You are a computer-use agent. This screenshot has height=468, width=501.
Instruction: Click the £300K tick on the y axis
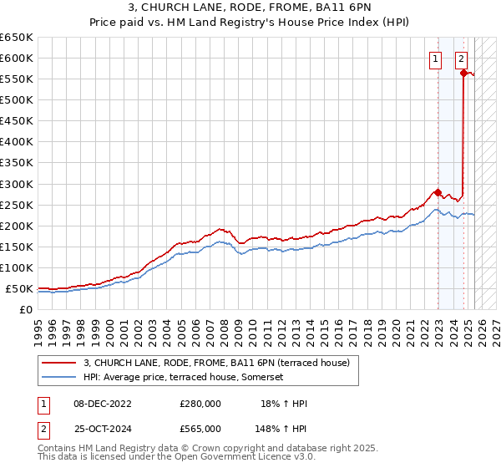tap(16, 184)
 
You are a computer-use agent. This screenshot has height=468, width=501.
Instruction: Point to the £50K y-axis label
tap(18, 289)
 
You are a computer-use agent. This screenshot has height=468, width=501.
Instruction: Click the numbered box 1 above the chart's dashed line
tap(436, 58)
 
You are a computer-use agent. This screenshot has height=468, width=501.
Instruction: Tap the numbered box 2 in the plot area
tap(461, 58)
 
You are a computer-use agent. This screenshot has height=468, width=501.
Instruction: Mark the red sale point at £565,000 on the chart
tap(463, 73)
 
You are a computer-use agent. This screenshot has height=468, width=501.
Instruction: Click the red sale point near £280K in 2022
tap(438, 192)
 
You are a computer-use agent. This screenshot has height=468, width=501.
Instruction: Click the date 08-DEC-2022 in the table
tap(102, 404)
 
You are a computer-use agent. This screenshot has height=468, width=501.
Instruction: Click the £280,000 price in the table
tap(200, 404)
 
